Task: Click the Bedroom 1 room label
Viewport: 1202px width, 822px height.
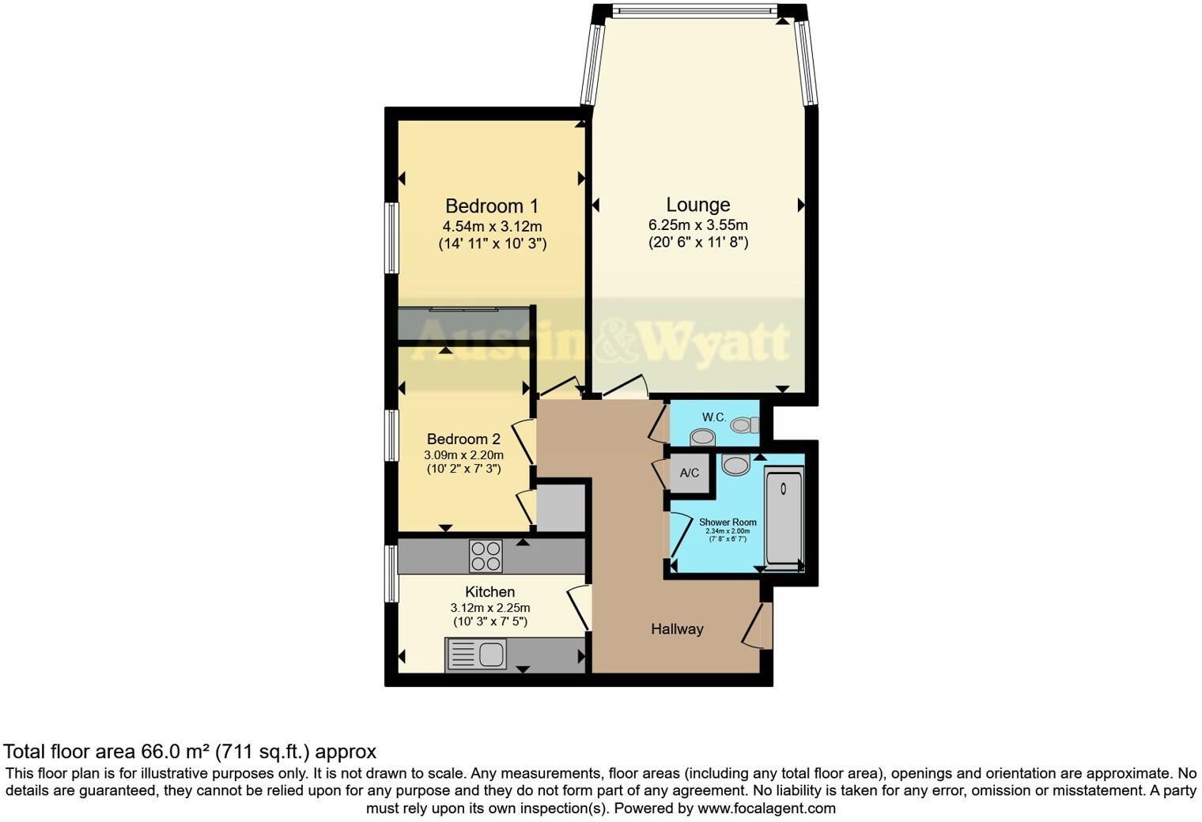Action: coord(491,206)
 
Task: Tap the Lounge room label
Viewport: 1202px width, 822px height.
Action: coord(697,205)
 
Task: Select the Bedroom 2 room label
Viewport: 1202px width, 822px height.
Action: coord(463,439)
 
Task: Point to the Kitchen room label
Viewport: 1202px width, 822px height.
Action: coord(489,592)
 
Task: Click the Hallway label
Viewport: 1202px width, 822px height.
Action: coord(677,629)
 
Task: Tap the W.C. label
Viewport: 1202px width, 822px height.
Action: coord(713,417)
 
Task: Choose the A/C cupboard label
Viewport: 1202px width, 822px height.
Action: coord(690,473)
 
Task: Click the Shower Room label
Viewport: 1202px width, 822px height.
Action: coord(728,522)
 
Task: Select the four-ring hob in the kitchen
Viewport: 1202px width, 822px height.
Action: coord(486,555)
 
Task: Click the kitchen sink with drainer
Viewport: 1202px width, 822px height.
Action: coord(477,654)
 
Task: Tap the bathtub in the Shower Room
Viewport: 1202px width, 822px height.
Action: coord(784,517)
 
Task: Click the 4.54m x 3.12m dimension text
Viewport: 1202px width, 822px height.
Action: coord(492,227)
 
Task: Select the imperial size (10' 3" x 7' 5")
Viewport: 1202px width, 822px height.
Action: coord(490,622)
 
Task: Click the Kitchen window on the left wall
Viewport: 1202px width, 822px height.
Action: coord(391,573)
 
